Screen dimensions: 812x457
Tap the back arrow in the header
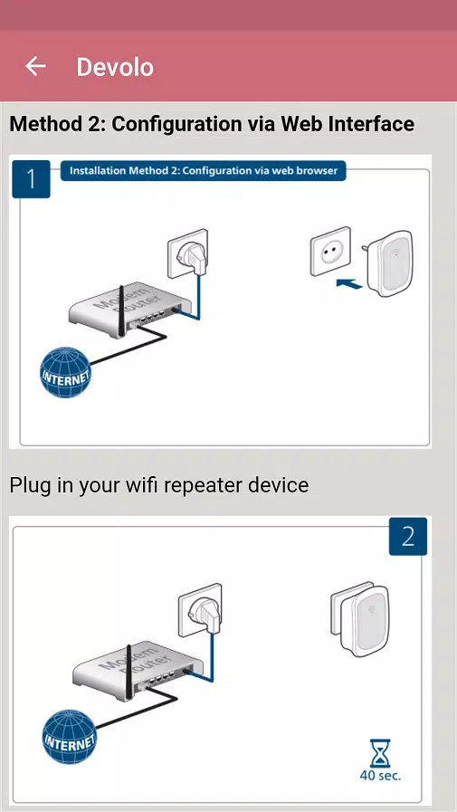click(x=35, y=66)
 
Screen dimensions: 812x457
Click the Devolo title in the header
click(x=115, y=67)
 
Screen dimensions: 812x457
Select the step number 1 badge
click(x=32, y=178)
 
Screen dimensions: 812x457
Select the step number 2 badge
click(x=407, y=536)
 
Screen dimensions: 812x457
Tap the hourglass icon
click(x=378, y=750)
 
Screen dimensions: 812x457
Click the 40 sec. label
click(x=378, y=775)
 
